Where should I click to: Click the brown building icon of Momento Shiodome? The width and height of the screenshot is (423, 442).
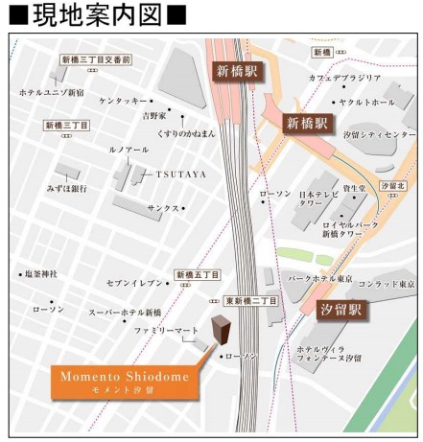point(222,332)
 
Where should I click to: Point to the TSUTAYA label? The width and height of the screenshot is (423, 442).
point(181,174)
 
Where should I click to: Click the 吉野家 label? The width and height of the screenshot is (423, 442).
point(154,115)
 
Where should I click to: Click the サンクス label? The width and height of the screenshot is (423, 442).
point(162,207)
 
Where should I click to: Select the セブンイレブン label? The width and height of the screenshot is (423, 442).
point(135,282)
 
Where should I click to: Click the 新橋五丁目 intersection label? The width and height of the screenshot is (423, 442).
point(198,275)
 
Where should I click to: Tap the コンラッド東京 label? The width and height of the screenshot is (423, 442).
point(386,285)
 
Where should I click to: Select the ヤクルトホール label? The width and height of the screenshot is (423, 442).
point(366,102)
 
